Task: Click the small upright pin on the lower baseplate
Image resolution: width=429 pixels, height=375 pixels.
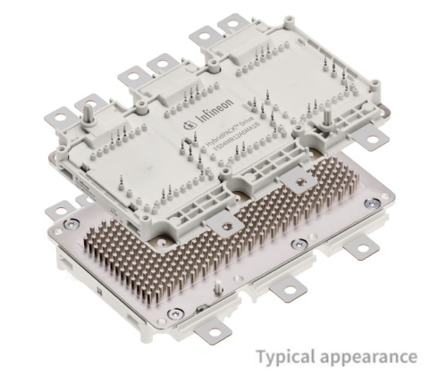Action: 218,287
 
